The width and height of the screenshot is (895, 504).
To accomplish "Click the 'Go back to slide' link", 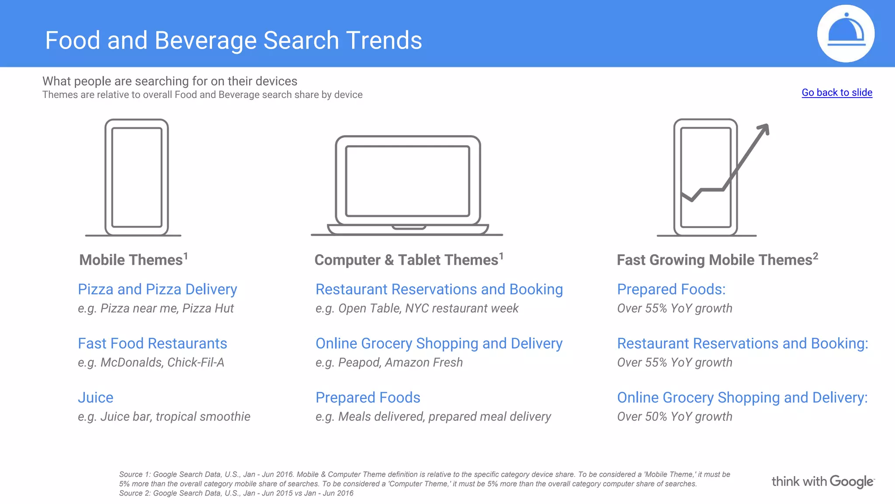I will (x=836, y=93).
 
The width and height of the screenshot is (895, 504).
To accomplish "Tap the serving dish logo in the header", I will (x=846, y=34).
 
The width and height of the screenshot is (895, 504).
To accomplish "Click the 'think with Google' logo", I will (x=822, y=482).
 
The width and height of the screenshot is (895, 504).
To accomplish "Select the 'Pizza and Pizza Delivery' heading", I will (x=157, y=289).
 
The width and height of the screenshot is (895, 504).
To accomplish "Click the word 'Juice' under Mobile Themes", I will (x=95, y=398).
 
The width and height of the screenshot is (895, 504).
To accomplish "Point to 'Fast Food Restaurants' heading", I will (x=152, y=343).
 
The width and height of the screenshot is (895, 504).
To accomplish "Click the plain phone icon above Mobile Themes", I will (x=136, y=178).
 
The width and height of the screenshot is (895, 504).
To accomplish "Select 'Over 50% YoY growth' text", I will (x=674, y=416).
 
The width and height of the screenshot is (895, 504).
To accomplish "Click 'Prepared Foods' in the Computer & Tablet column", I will (x=368, y=398).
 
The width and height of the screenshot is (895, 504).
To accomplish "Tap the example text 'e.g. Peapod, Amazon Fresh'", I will (x=389, y=363).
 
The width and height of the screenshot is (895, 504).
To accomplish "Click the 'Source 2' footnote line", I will (x=236, y=493).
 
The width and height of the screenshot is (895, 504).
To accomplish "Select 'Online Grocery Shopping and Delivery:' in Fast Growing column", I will (x=742, y=398).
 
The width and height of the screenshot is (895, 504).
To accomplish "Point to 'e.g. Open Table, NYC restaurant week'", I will (x=417, y=308).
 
